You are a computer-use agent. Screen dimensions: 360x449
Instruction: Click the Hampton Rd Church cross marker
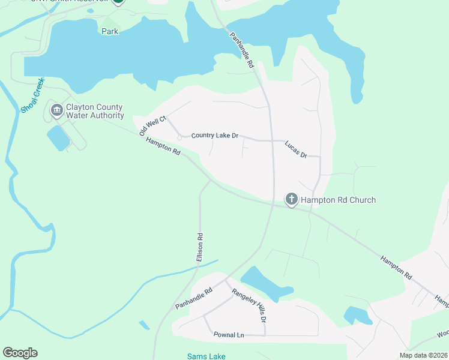[x=291, y=199]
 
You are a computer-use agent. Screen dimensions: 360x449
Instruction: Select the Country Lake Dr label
[x=215, y=136]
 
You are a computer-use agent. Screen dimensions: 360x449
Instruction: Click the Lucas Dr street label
[x=296, y=149]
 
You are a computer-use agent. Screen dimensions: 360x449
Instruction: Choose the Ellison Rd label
[x=200, y=247]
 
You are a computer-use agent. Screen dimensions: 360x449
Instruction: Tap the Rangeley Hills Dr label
[x=249, y=304]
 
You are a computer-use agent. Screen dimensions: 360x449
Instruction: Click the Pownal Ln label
[x=229, y=334]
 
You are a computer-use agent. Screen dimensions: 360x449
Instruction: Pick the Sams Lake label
[x=206, y=356]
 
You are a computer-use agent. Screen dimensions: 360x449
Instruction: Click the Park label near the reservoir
[x=110, y=31]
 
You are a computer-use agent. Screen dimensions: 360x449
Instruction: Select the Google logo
[x=20, y=353]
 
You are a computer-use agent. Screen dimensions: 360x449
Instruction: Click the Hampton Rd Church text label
[x=338, y=200]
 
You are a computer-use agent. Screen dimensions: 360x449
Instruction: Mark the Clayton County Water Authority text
[x=95, y=112]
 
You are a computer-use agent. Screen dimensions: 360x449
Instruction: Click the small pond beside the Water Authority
[x=58, y=138]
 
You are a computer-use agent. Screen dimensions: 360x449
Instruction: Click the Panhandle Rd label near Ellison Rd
[x=194, y=298]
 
